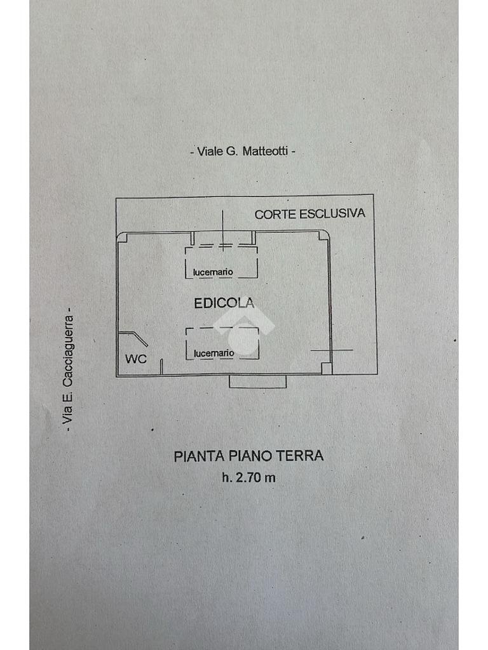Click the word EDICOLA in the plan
[x=224, y=303]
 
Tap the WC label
[x=135, y=359]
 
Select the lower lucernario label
[x=214, y=353]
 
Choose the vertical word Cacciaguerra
[x=69, y=353]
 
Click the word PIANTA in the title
[x=194, y=456]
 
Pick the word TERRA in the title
[x=304, y=456]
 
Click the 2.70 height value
[x=249, y=478]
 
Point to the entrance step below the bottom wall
[x=257, y=381]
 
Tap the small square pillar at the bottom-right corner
[x=326, y=368]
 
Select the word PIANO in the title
[x=249, y=456]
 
